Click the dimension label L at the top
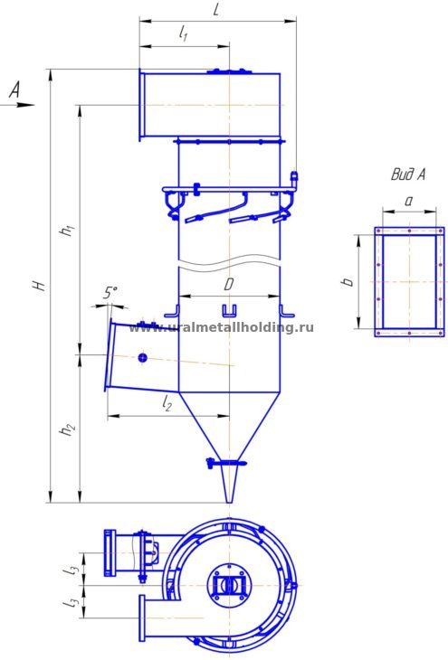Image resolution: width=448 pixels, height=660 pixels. (x=215, y=9)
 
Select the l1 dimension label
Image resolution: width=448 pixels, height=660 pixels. (x=183, y=33)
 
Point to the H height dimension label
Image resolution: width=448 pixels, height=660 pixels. (x=40, y=286)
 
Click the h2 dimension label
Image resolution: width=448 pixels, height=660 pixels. (x=68, y=429)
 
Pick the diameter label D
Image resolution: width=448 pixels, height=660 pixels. (x=228, y=285)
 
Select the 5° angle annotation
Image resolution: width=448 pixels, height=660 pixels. (x=110, y=293)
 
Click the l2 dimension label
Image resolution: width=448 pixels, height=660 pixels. (x=167, y=403)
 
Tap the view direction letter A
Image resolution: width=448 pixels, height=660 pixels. (x=14, y=90)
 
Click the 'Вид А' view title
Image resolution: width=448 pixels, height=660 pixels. (x=408, y=174)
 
